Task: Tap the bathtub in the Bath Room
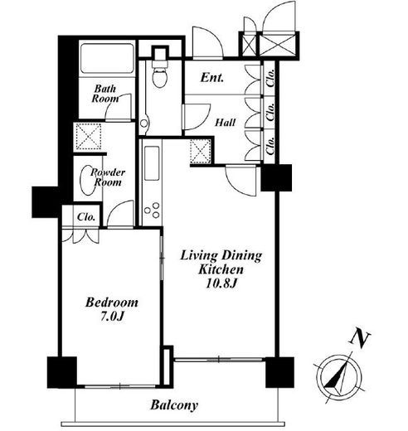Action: pos(107,59)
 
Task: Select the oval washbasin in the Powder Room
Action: pos(87,181)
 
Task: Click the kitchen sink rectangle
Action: pos(152,163)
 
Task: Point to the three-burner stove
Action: pos(152,211)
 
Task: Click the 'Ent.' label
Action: pos(212,78)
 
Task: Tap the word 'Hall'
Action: pos(226,123)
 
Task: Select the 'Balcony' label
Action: pos(174,405)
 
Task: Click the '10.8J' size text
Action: pos(221,283)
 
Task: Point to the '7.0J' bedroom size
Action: pos(112,317)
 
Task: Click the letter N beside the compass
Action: pos(360,338)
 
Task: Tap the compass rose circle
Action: pos(340,377)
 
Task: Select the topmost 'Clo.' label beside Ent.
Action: pos(270,78)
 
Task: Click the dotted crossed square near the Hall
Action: pos(201,151)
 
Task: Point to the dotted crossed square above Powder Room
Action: pos(88,137)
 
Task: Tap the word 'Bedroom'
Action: pos(112,303)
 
